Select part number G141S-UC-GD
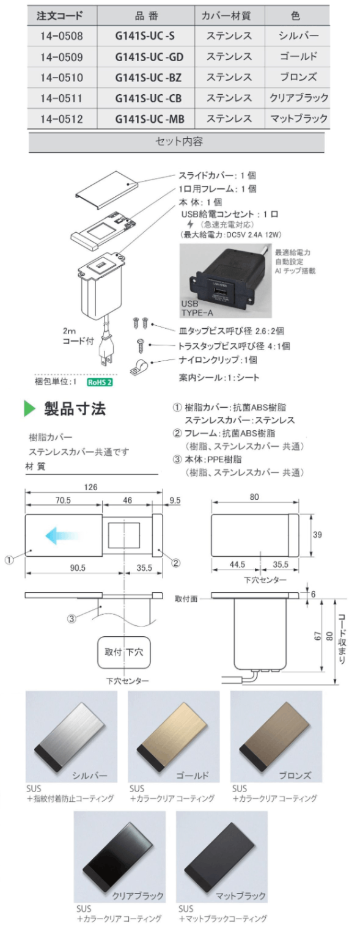coord(149,57)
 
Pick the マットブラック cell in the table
coord(298,119)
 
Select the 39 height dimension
coord(316,535)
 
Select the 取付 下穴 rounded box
coord(124,652)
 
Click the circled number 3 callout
coord(72,618)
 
